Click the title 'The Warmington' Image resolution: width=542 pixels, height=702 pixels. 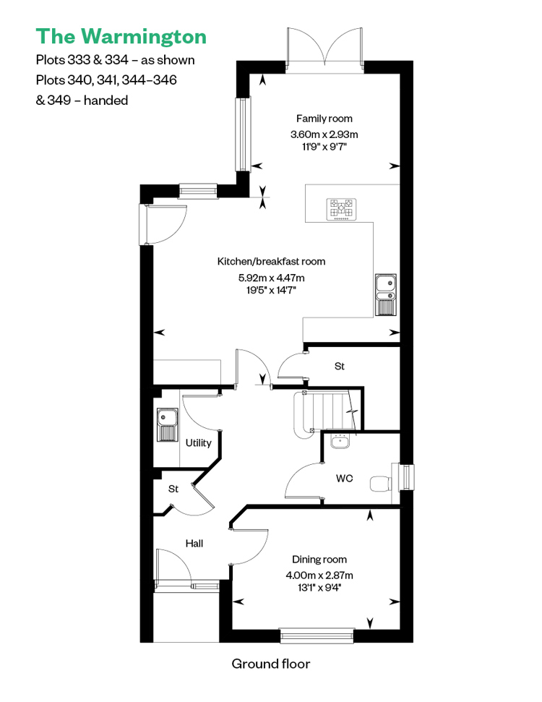121,37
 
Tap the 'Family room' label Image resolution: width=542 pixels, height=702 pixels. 324,119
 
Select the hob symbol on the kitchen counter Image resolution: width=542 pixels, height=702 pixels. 341,209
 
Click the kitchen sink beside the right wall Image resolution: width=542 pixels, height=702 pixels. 385,294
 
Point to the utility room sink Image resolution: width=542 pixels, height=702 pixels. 168,424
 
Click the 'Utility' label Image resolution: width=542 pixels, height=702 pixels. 198,442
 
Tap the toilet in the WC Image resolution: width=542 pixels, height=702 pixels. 380,484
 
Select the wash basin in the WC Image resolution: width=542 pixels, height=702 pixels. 340,441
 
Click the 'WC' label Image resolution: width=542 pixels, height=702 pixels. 344,479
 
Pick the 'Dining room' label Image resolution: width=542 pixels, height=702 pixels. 319,559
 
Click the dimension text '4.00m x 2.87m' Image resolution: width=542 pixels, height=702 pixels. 319,575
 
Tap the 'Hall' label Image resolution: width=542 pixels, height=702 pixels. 194,544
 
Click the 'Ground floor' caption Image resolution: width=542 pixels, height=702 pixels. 271,664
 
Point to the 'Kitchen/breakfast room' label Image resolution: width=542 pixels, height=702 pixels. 271,262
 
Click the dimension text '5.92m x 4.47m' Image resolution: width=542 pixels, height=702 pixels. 271,278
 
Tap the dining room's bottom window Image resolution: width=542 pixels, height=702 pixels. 317,635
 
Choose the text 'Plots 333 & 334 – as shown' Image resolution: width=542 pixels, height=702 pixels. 115,60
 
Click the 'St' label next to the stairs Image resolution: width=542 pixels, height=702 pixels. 339,367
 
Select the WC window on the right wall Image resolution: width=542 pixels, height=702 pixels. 406,477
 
